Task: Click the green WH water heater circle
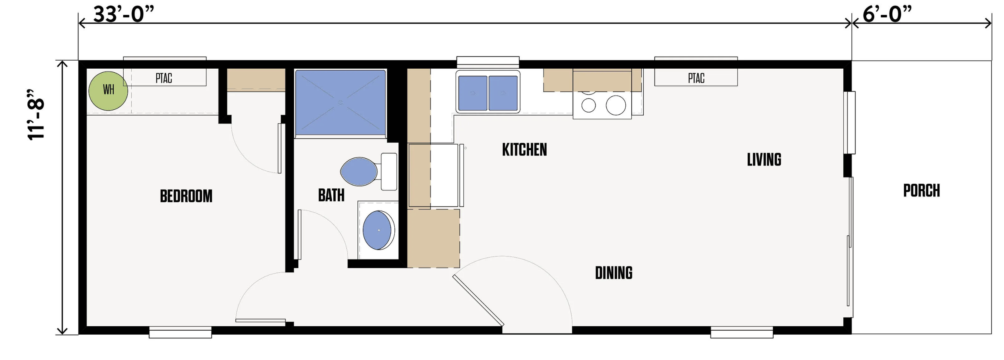[108, 91]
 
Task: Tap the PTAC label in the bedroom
[164, 78]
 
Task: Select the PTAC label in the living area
[696, 78]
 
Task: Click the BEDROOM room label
[186, 196]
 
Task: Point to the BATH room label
[331, 195]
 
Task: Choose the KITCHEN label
[524, 150]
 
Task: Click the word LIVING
[764, 160]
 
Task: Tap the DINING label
[613, 273]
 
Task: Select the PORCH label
[921, 191]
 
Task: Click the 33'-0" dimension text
[124, 15]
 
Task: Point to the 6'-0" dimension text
[887, 15]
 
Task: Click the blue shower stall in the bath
[340, 102]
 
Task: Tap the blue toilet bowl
[359, 172]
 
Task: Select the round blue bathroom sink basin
[377, 230]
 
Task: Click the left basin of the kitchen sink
[473, 93]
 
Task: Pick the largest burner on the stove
[615, 106]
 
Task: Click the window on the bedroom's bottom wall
[180, 332]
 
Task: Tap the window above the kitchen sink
[488, 61]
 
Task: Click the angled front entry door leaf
[478, 301]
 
